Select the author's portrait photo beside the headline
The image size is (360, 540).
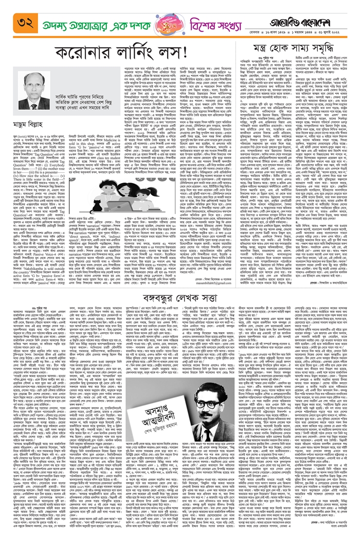click(x=34, y=87)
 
